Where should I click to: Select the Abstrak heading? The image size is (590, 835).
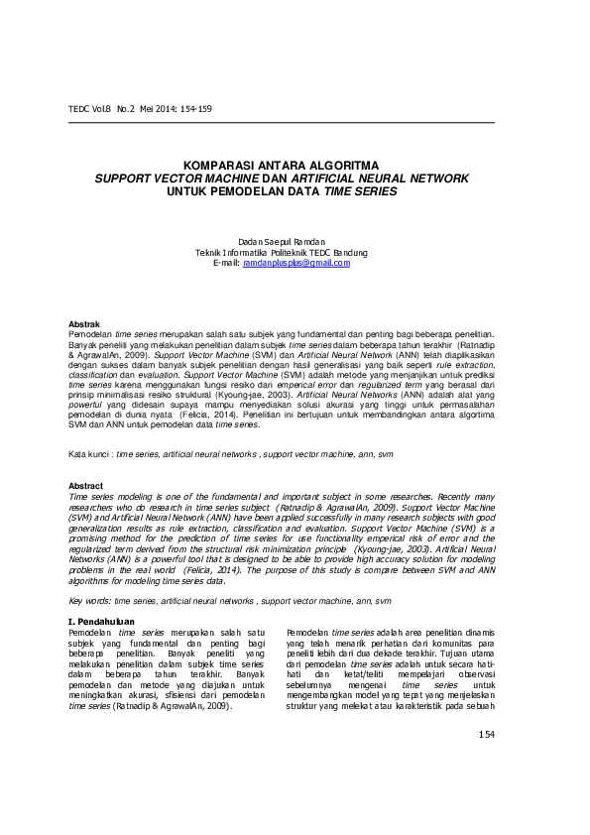coord(81,324)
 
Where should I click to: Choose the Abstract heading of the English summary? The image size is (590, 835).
coord(84,485)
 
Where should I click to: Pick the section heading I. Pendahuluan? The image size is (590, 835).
coord(99,621)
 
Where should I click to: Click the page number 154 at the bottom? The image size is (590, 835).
coord(485,734)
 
